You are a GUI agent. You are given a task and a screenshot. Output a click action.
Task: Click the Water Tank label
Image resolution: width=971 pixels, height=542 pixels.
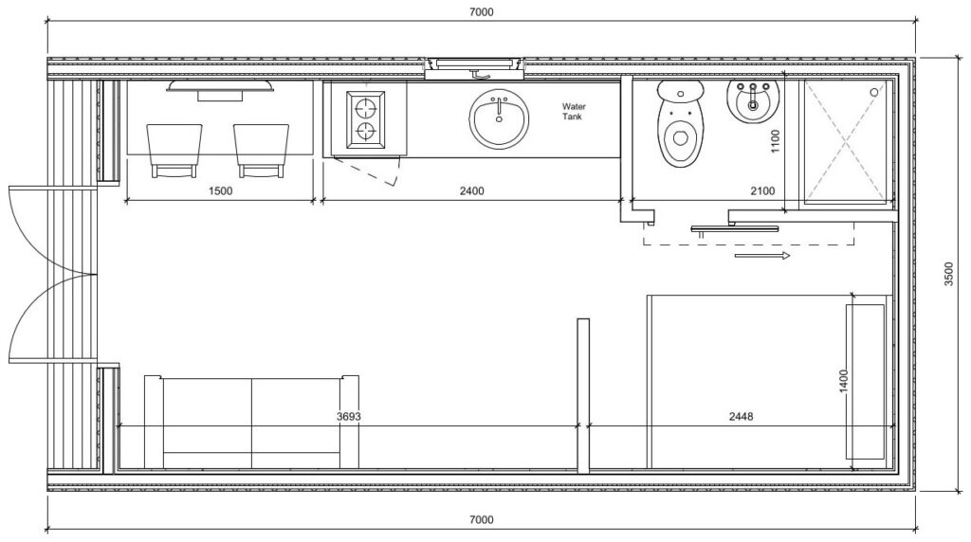click(x=574, y=112)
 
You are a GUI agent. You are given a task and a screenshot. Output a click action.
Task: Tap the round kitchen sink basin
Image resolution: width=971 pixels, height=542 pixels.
click(x=499, y=120)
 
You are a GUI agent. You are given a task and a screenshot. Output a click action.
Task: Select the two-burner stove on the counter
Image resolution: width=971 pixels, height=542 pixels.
click(x=366, y=119)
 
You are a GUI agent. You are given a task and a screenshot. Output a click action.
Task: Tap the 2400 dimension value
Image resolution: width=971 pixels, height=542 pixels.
click(x=471, y=190)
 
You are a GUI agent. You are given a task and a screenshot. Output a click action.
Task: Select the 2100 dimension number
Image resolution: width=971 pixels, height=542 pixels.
click(x=761, y=190)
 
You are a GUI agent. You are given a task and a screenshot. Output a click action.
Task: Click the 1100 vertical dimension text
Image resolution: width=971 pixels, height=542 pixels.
click(x=775, y=142)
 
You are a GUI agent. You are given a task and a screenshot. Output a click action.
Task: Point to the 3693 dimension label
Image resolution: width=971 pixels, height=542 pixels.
click(x=350, y=416)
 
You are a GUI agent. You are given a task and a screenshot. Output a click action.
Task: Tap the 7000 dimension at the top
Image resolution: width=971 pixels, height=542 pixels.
click(x=482, y=12)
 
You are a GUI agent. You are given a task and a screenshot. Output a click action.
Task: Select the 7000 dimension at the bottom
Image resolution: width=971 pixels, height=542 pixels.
click(x=482, y=520)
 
